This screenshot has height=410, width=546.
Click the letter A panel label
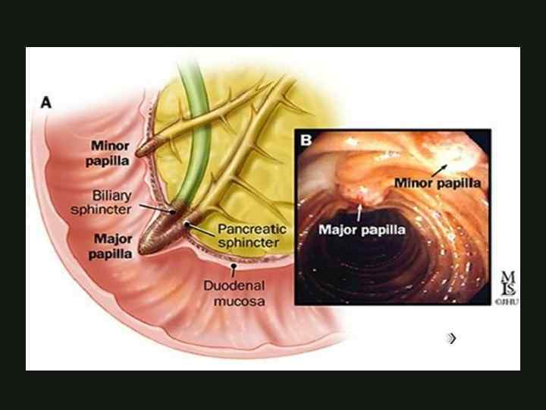click(x=47, y=102)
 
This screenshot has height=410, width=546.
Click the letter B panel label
click(x=306, y=140)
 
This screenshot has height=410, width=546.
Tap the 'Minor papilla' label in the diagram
click(x=111, y=152)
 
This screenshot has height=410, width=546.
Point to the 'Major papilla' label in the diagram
click(x=111, y=246)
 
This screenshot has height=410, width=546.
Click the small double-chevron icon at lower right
click(x=452, y=338)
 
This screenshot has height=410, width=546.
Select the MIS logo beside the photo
click(x=506, y=285)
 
